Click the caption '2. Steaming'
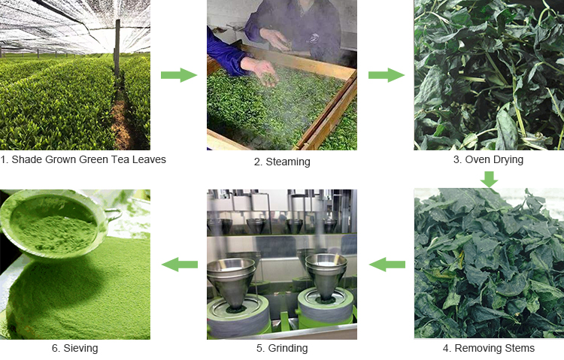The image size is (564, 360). (x=282, y=162)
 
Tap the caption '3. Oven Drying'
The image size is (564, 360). (x=488, y=159)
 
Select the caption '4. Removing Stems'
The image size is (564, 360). (x=489, y=348)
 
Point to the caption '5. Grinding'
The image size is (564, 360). (x=282, y=348)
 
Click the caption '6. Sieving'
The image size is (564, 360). (x=74, y=348)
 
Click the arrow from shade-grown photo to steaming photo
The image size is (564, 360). (x=179, y=75)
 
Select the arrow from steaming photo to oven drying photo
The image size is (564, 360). (x=387, y=75)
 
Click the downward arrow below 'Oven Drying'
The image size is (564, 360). (x=490, y=179)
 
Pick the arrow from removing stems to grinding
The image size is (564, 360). (x=387, y=265)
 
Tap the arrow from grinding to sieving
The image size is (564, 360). (x=180, y=265)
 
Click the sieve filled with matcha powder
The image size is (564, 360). (x=54, y=225)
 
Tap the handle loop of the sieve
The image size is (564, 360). (x=114, y=215)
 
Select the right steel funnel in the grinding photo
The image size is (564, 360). (x=326, y=276)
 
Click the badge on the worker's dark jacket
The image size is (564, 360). (x=315, y=38)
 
